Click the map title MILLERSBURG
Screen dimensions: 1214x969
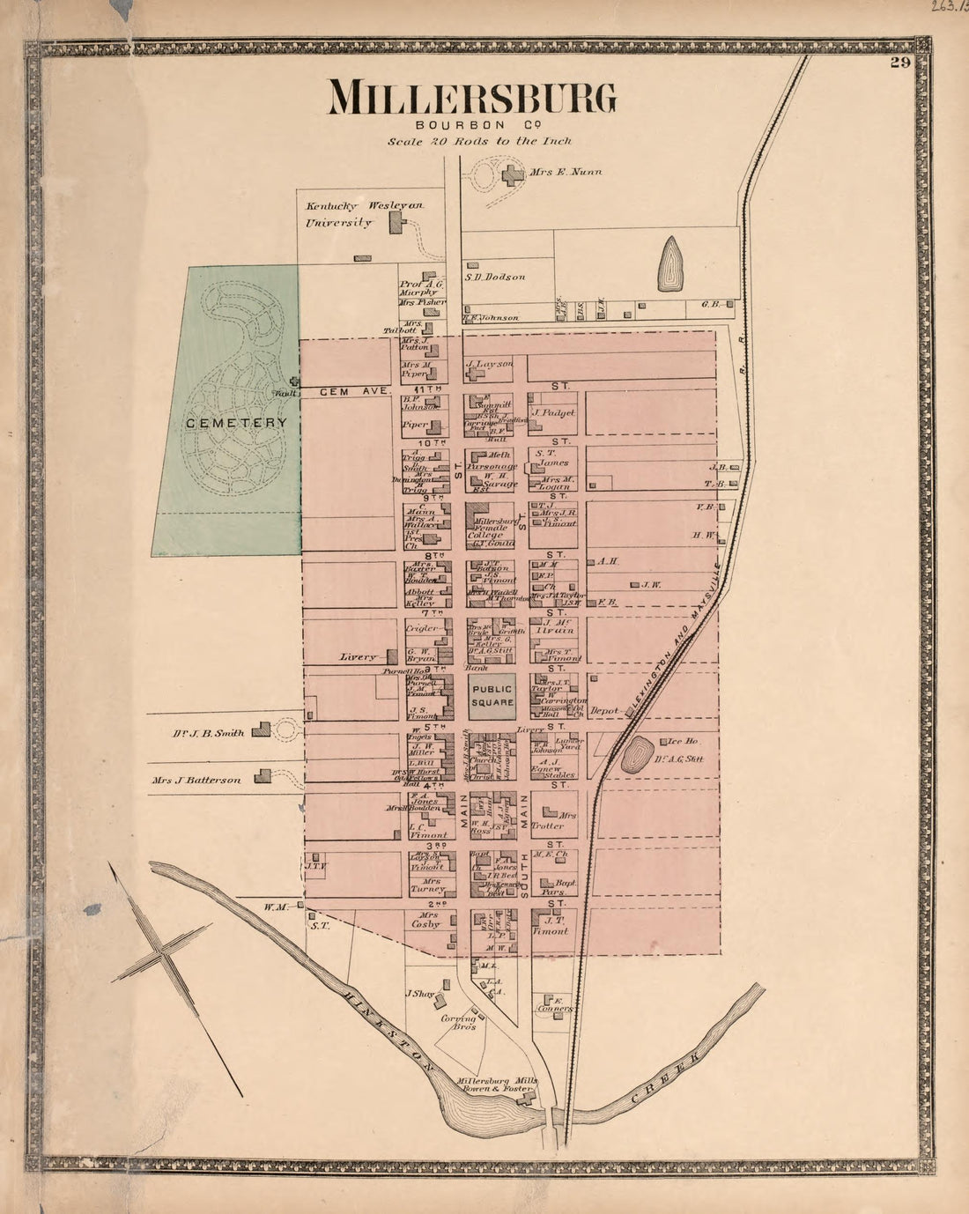(x=472, y=99)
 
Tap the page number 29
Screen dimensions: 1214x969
(x=899, y=62)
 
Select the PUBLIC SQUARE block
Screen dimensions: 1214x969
(x=491, y=697)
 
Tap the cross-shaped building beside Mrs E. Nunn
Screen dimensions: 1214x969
(x=510, y=174)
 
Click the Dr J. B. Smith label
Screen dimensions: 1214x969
(x=208, y=732)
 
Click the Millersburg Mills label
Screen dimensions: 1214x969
(x=496, y=1081)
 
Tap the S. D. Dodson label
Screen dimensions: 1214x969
(x=495, y=277)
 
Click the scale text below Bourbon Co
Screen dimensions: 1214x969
(x=479, y=141)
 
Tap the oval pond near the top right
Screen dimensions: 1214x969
(x=670, y=263)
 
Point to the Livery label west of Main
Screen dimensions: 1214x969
(x=359, y=657)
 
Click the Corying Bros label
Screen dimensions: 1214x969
(x=464, y=1023)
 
